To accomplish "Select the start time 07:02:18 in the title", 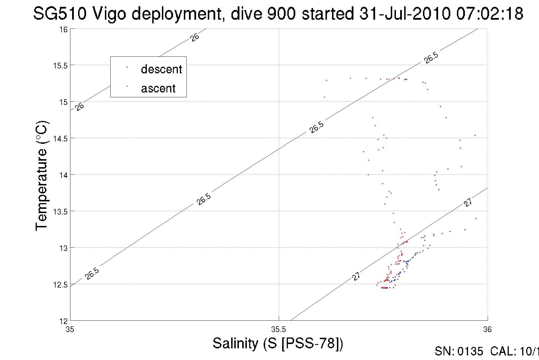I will pyautogui.click(x=489, y=13).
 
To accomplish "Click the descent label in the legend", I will pyautogui.click(x=161, y=69).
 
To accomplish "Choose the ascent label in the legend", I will pyautogui.click(x=158, y=88).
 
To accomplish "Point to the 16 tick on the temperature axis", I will pyautogui.click(x=64, y=29).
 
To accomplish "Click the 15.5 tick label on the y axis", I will pyautogui.click(x=60, y=66).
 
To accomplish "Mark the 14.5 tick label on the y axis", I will pyautogui.click(x=60, y=139).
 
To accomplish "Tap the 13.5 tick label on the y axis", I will pyautogui.click(x=60, y=212).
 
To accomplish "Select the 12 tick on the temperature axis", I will pyautogui.click(x=64, y=321).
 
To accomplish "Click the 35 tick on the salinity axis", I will pyautogui.click(x=70, y=329).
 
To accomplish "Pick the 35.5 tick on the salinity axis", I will pyautogui.click(x=278, y=329).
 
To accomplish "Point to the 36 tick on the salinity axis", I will pyautogui.click(x=487, y=329).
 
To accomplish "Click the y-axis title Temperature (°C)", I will pyautogui.click(x=42, y=175).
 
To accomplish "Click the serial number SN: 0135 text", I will pyautogui.click(x=459, y=351).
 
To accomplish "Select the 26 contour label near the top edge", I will pyautogui.click(x=195, y=37).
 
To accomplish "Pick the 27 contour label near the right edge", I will pyautogui.click(x=468, y=202).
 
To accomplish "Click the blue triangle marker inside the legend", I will pyautogui.click(x=127, y=67).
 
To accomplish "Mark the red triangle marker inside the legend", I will pyautogui.click(x=127, y=86).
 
